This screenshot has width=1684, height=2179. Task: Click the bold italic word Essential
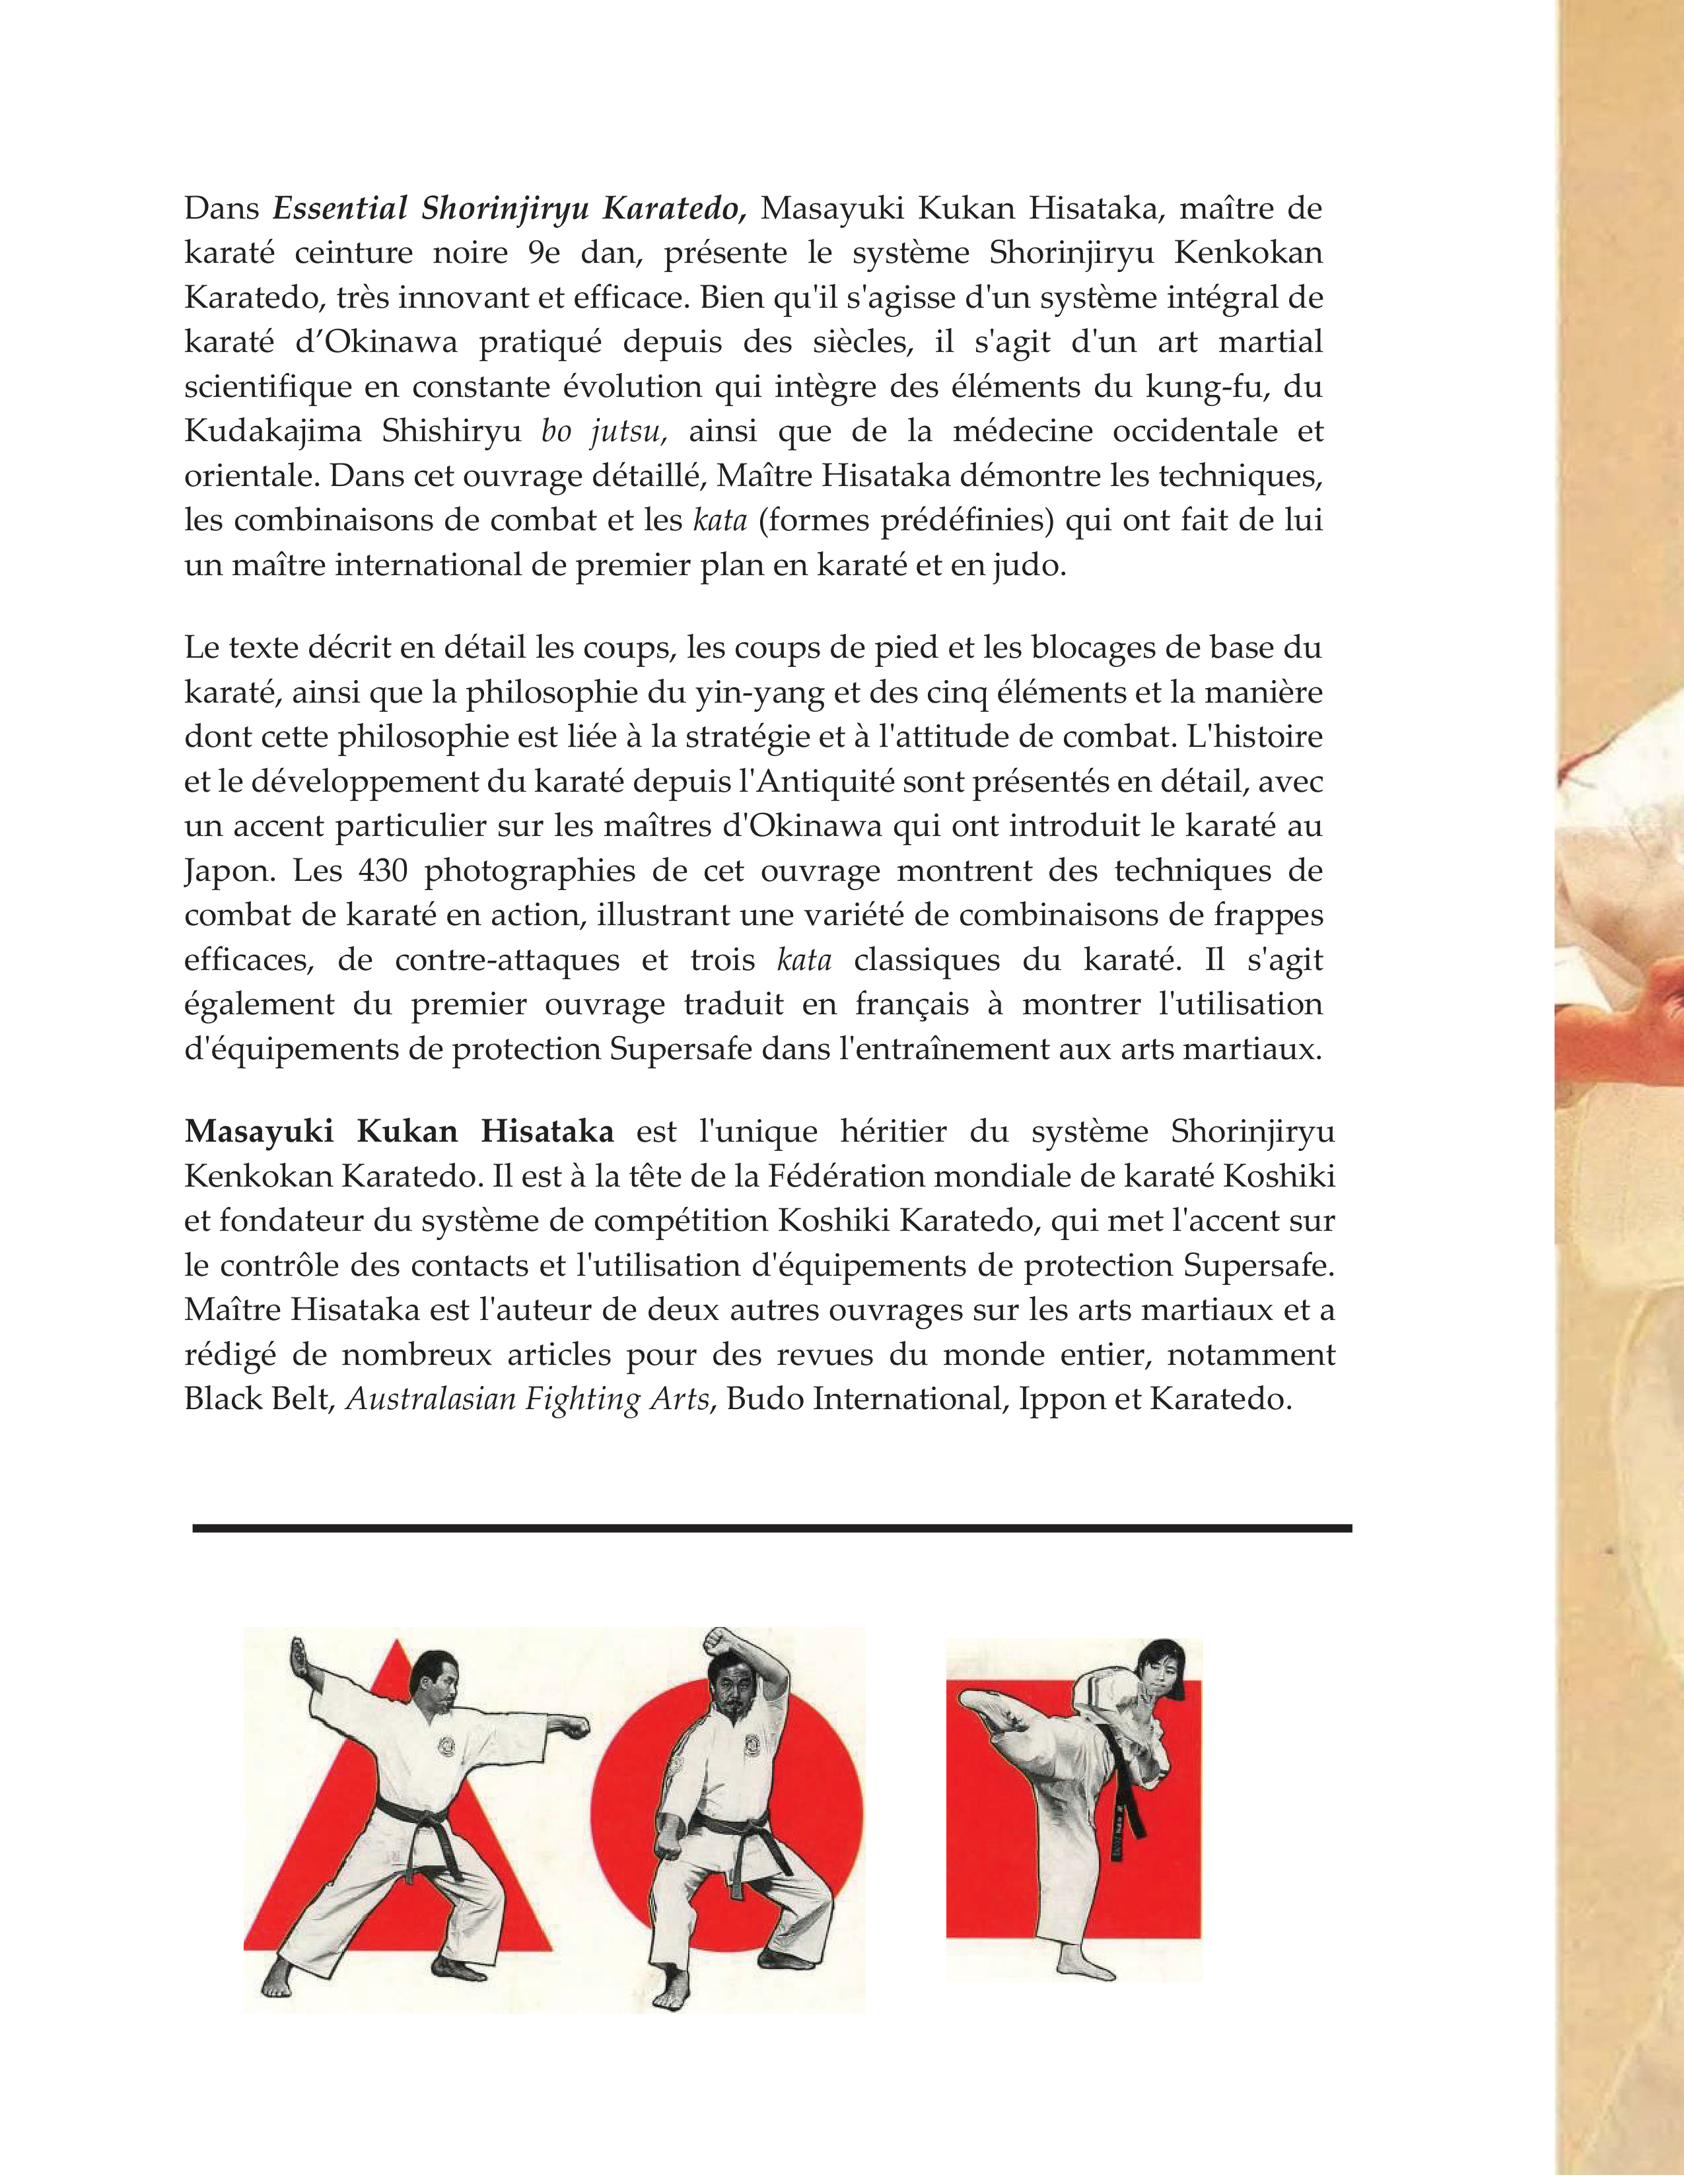[x=340, y=209]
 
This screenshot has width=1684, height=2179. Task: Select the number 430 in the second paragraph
[x=382, y=871]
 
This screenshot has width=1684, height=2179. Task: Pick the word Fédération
[x=848, y=1176]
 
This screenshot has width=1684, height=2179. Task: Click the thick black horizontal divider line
[x=771, y=1527]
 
